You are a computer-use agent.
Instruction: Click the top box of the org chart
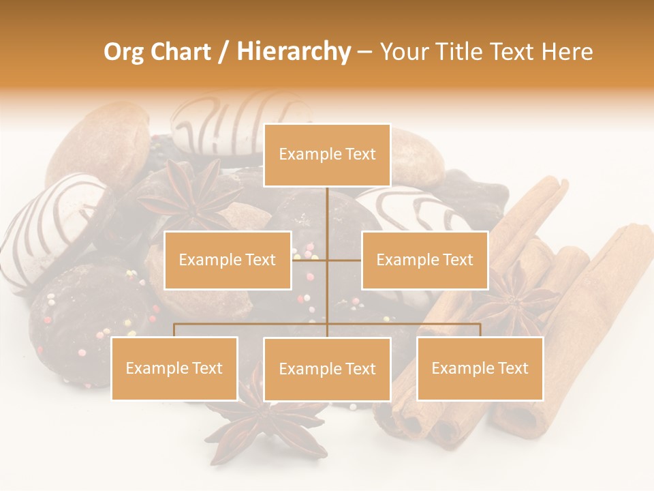click(327, 155)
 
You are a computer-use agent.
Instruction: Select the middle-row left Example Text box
click(228, 260)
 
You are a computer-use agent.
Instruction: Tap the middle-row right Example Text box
click(424, 260)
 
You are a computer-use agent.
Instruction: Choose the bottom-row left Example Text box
click(174, 368)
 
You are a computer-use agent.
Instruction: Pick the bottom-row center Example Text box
click(327, 369)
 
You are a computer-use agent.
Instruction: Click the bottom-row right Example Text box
click(480, 368)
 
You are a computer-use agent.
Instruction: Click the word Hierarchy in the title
click(294, 52)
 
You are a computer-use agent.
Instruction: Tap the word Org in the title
click(123, 52)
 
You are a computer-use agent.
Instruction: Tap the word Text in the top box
click(359, 155)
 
